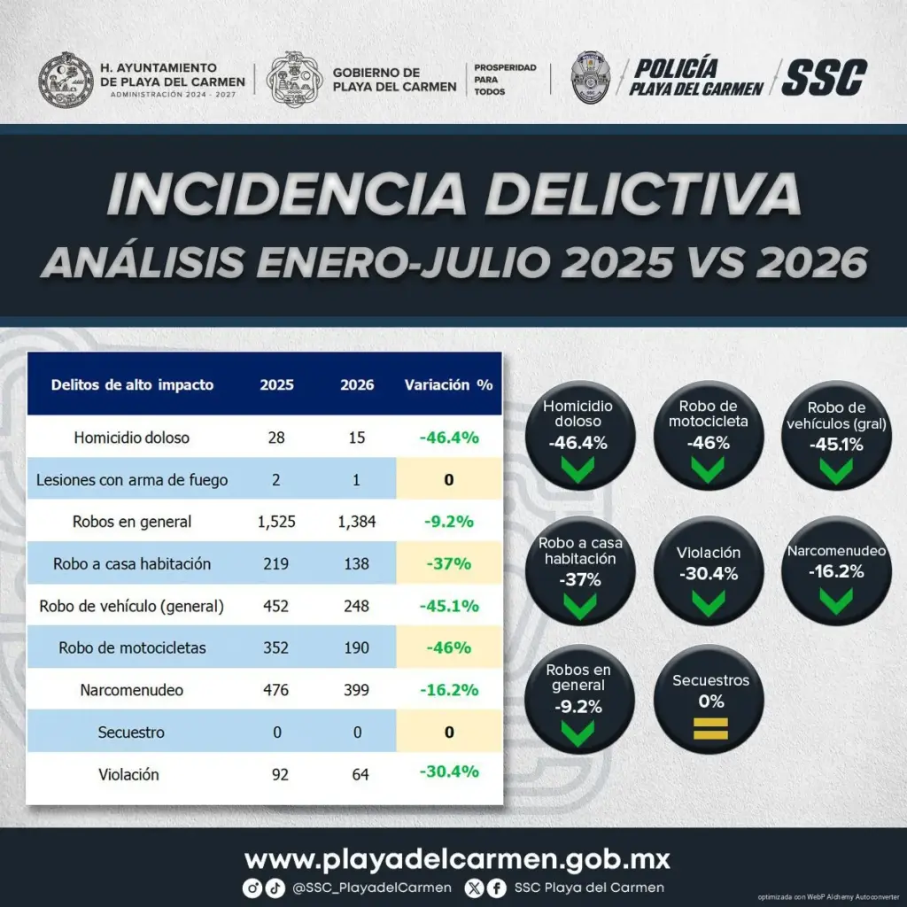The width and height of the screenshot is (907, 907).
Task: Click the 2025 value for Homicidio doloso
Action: (276, 438)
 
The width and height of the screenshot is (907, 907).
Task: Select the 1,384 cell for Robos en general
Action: (357, 522)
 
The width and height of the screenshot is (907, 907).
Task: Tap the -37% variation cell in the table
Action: (449, 563)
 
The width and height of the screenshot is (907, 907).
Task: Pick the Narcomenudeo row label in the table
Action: (132, 690)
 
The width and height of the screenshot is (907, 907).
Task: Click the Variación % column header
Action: (449, 385)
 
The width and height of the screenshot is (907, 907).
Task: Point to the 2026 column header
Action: (357, 385)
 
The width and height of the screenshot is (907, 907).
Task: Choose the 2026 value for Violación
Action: (360, 774)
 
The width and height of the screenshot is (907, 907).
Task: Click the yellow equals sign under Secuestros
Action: (710, 729)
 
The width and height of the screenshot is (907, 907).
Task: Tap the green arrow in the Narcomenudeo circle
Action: (836, 601)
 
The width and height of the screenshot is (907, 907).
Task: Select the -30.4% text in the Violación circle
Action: (709, 574)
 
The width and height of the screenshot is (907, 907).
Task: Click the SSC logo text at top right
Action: (825, 78)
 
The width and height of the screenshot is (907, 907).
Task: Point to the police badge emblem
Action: (590, 78)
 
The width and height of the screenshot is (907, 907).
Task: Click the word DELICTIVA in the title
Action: (643, 193)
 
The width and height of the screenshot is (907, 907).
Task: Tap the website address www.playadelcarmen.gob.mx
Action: (457, 859)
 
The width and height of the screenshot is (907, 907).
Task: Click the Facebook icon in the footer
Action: (496, 888)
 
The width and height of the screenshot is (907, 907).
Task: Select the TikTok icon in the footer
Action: (275, 888)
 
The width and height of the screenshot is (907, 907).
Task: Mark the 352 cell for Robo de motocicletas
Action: (276, 647)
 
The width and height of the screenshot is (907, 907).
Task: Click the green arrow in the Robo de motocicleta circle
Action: (708, 469)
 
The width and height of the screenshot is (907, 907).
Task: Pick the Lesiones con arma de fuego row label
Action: (132, 480)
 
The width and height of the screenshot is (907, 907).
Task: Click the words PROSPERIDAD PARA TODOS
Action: (505, 80)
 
